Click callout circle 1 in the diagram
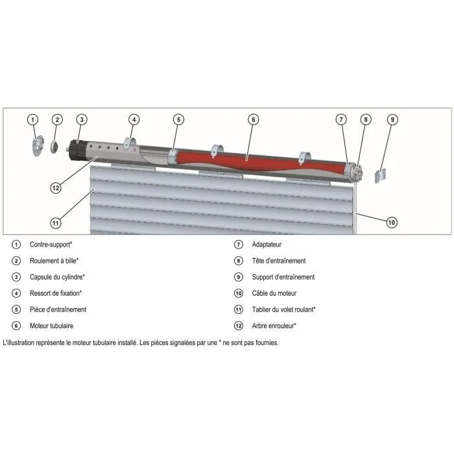tap(34, 119)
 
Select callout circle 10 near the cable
tap(391, 222)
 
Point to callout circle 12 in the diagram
tap(56, 188)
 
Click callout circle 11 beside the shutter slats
tap(56, 222)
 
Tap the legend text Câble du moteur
tap(274, 293)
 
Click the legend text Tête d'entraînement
tap(279, 261)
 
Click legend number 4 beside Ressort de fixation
tap(16, 293)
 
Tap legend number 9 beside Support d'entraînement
tap(238, 277)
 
